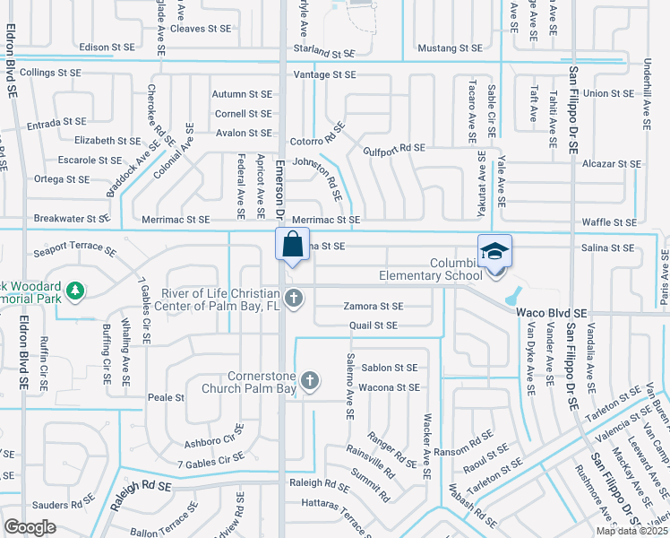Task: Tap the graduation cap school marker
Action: [x=494, y=253]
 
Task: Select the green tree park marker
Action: [x=76, y=291]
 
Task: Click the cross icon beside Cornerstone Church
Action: [x=310, y=381]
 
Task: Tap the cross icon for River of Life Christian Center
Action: [x=292, y=298]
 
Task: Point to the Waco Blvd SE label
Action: [x=551, y=312]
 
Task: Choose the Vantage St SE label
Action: [x=324, y=74]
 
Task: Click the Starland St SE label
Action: [x=324, y=53]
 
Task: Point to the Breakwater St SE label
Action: [x=71, y=218]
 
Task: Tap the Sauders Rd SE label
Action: [x=55, y=506]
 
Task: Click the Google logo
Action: [x=30, y=527]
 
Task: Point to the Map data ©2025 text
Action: [x=631, y=531]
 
